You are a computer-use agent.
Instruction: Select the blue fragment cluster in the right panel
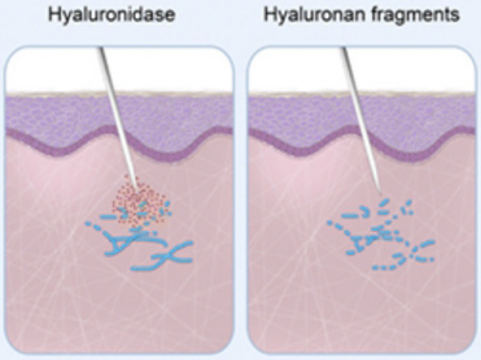coord(381,237)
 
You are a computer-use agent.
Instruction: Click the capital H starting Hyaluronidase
coord(52,15)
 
